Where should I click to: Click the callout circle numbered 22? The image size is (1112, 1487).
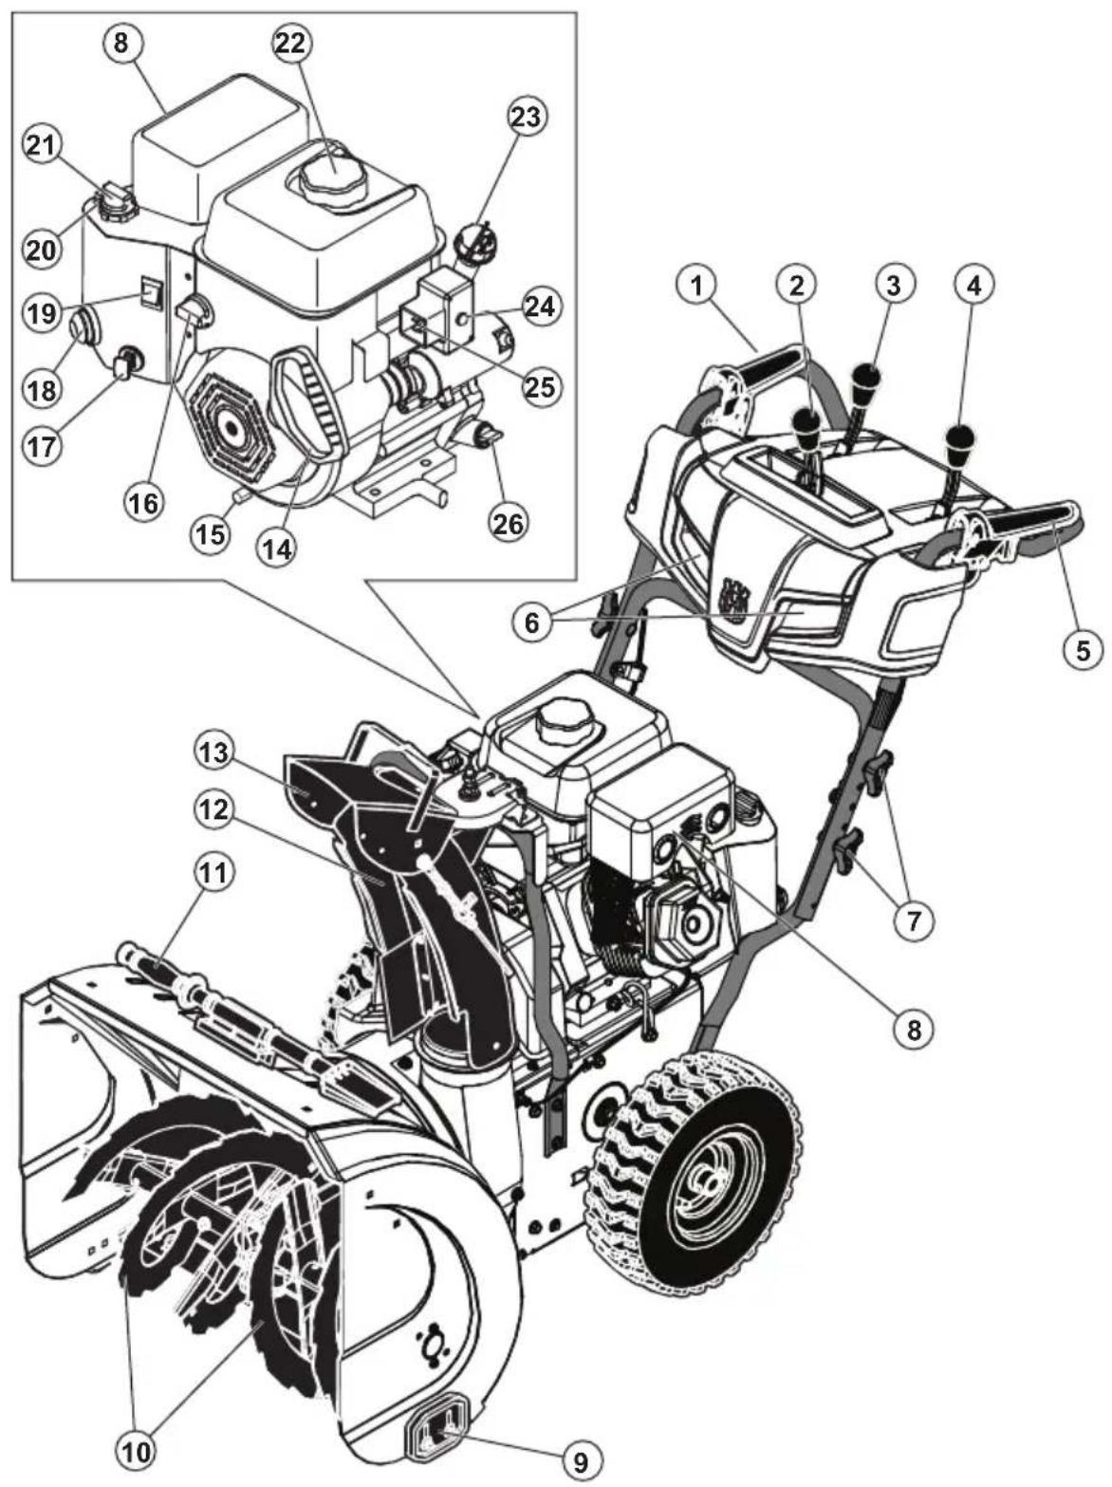point(293,44)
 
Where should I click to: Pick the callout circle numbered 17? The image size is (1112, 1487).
point(39,445)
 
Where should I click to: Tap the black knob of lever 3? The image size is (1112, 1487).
point(866,380)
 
